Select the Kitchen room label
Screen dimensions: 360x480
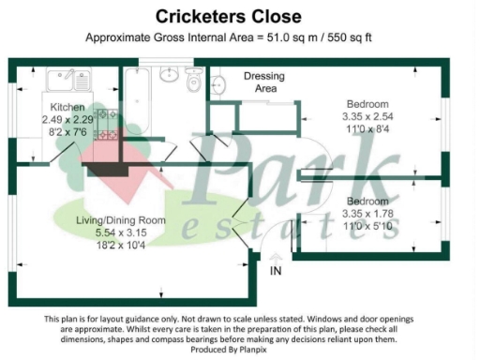tap(67, 107)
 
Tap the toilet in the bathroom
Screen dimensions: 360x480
tap(194, 82)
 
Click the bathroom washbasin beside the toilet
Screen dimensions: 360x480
tap(171, 75)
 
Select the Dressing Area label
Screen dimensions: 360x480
tap(263, 82)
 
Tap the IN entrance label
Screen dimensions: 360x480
tap(275, 270)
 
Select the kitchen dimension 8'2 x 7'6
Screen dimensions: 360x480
tap(67, 132)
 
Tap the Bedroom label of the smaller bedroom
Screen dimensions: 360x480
tap(367, 202)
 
